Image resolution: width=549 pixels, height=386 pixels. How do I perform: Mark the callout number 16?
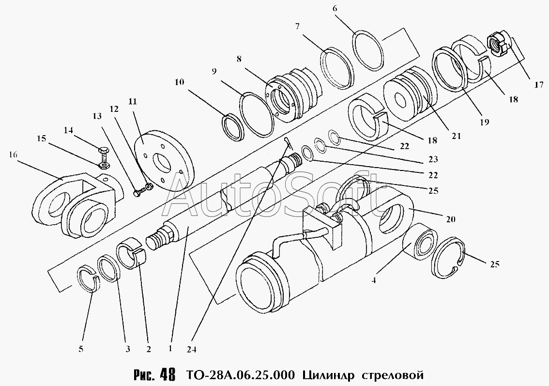(13, 154)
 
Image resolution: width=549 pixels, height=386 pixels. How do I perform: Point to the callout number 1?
(170, 347)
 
